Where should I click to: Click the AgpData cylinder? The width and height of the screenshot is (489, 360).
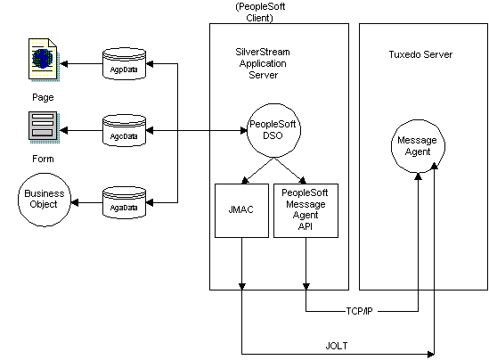[x=124, y=63]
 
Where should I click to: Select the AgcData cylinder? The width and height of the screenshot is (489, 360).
[x=124, y=130]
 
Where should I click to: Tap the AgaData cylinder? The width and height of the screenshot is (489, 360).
[x=124, y=202]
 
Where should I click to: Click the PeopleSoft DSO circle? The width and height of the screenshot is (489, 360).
[x=273, y=130]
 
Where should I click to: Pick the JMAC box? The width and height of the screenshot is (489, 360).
[x=241, y=210]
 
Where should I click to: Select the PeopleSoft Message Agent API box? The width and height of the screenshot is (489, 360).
[x=306, y=210]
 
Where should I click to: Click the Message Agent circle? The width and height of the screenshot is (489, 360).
[x=418, y=146]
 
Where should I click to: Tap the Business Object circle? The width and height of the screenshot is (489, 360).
[x=45, y=200]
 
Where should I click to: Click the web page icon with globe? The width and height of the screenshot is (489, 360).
[x=44, y=60]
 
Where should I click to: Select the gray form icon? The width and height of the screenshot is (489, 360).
[x=44, y=127]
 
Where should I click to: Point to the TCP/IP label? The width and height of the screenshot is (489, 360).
[x=359, y=311]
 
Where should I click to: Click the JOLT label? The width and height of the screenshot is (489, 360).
[x=337, y=346]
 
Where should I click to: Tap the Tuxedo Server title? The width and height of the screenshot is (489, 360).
[x=420, y=54]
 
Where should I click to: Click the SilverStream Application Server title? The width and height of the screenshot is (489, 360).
[x=263, y=63]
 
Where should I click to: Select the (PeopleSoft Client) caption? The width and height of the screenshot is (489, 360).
[x=260, y=12]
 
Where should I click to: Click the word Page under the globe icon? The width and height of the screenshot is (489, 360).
[x=43, y=97]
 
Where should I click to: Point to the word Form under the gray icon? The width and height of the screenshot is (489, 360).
[x=43, y=159]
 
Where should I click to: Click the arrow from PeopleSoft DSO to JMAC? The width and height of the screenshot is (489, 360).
[x=258, y=170]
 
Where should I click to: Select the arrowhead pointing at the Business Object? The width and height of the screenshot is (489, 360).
[x=75, y=203]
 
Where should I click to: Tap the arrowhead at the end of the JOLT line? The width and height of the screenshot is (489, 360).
[x=430, y=354]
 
